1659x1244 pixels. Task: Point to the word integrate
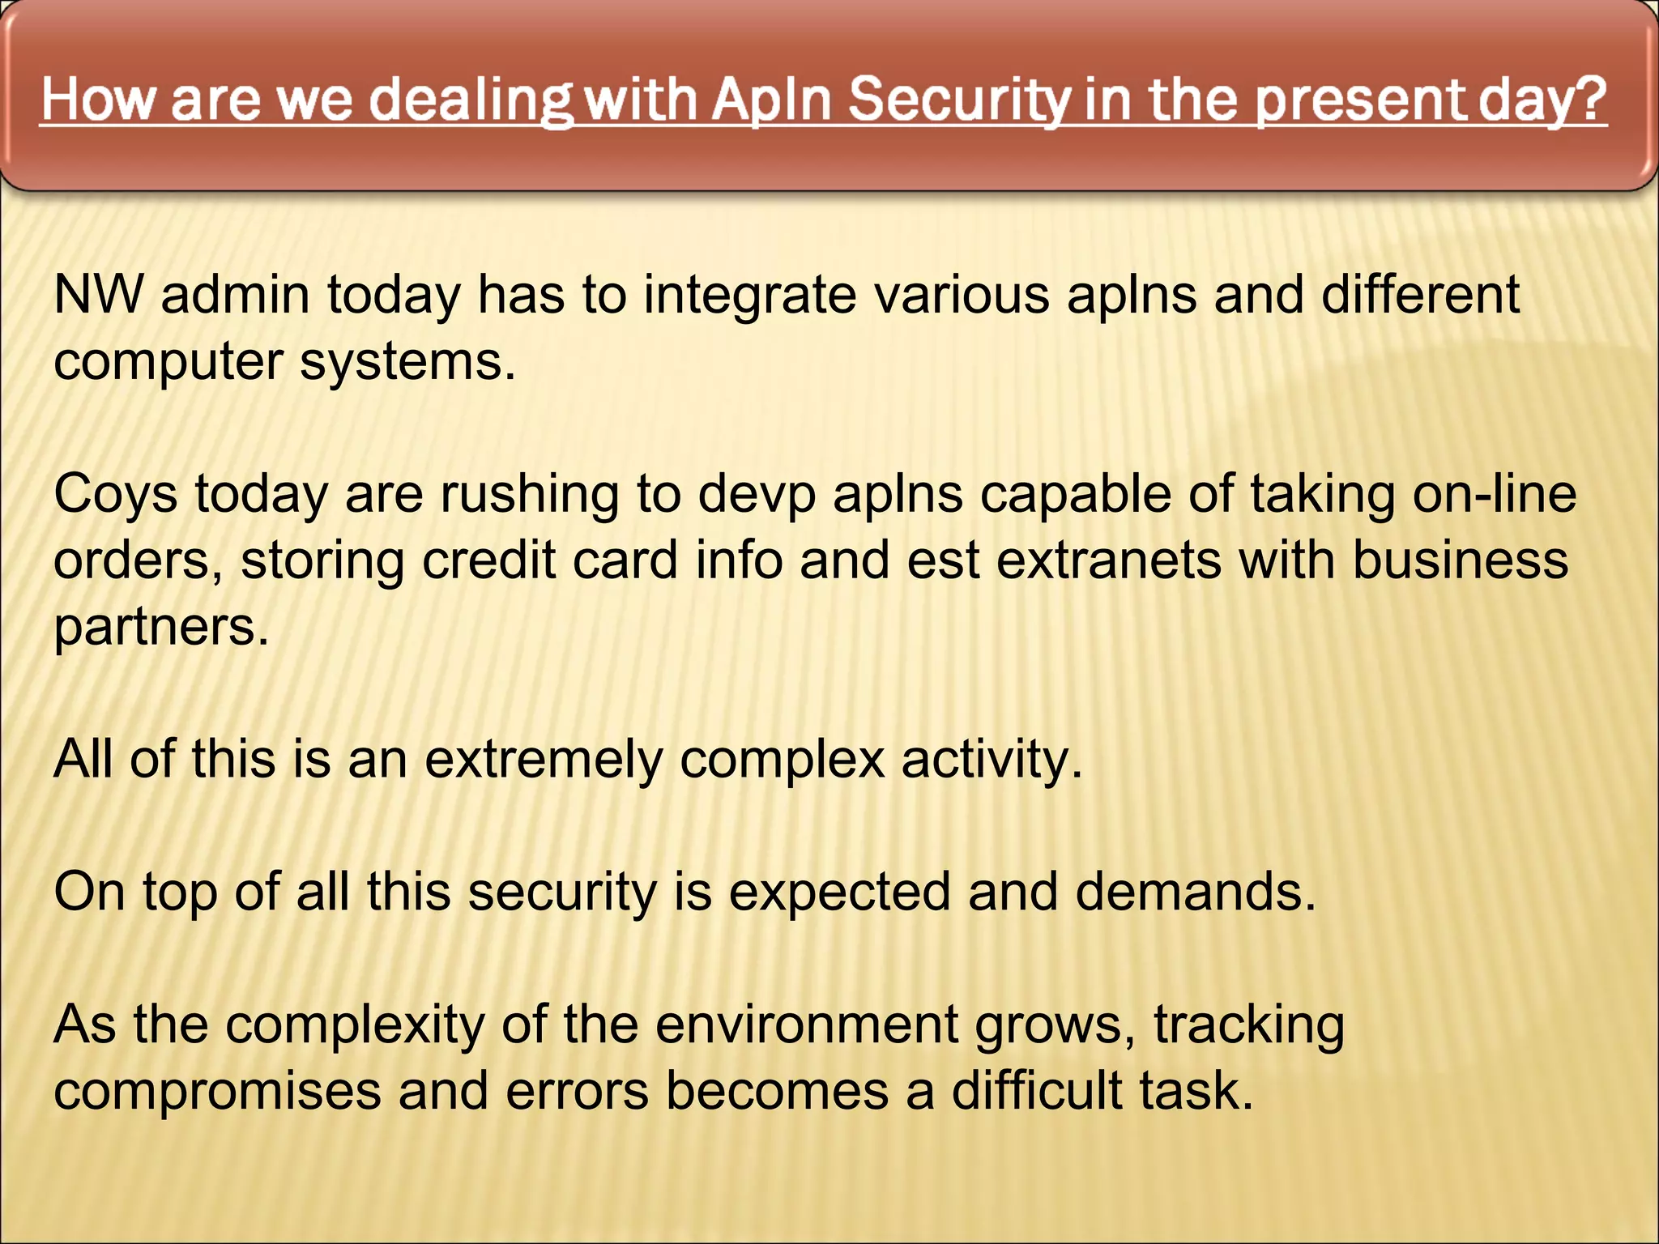[750, 296]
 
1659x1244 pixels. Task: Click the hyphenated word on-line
[1495, 494]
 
